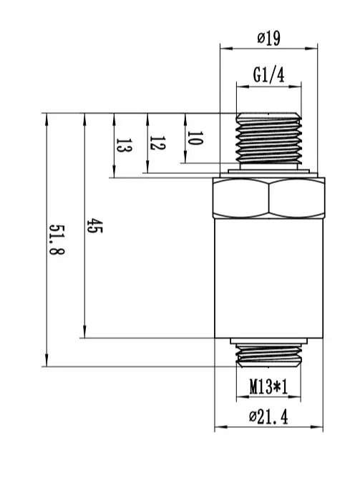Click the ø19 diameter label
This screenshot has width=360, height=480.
[x=268, y=39]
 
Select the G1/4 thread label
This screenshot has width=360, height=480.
[x=268, y=75]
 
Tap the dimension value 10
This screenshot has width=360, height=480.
[x=195, y=139]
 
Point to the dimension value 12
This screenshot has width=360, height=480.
[x=157, y=143]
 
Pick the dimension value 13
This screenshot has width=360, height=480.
[x=124, y=146]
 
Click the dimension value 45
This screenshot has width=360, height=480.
[x=94, y=225]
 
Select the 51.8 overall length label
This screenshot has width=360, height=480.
[x=57, y=240]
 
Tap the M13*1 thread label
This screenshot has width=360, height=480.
[x=268, y=386]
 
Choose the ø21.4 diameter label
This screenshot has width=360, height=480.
[x=268, y=416]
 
